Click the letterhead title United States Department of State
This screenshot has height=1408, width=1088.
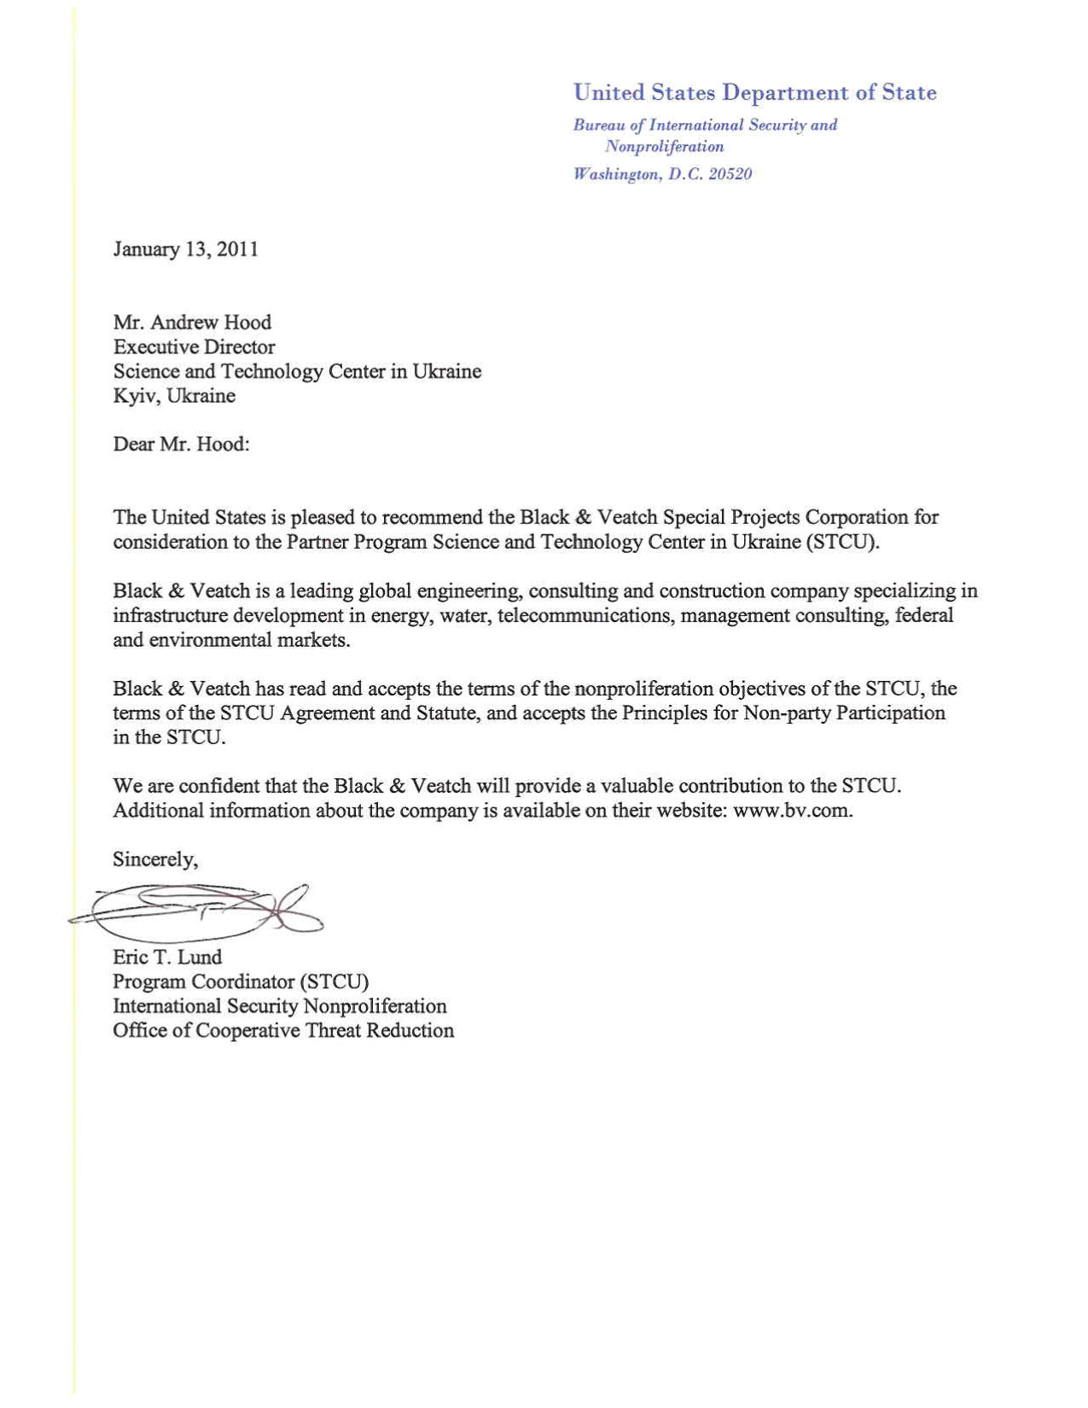pos(754,92)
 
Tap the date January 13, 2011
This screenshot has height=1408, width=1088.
pos(185,249)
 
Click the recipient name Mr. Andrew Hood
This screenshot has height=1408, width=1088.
pos(192,323)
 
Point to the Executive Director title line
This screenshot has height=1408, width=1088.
pos(194,347)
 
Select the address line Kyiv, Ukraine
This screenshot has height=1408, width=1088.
pos(174,396)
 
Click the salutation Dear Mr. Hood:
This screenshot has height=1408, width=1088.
pos(181,445)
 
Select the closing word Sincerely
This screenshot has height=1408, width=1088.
pos(154,859)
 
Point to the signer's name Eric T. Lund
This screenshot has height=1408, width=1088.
pos(167,957)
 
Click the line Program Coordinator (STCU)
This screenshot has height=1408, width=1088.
pos(241,982)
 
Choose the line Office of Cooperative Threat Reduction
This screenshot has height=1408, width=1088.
pos(283,1031)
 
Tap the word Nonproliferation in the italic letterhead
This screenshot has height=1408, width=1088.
pos(664,147)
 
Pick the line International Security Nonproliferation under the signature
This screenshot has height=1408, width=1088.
pos(280,1007)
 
